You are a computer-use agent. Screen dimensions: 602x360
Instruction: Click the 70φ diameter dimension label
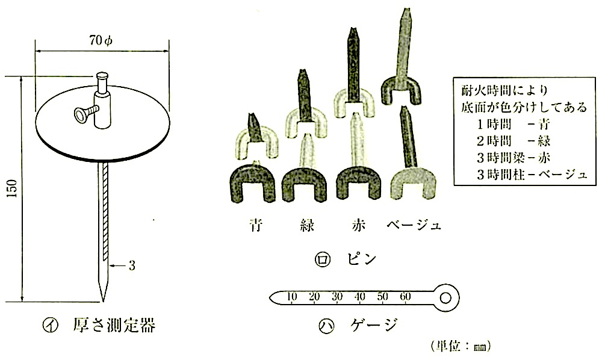(x=101, y=40)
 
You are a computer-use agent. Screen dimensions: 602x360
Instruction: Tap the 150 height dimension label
(x=12, y=188)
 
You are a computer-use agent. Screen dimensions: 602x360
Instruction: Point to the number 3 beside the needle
(x=132, y=265)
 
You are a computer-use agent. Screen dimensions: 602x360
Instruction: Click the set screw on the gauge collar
(x=84, y=114)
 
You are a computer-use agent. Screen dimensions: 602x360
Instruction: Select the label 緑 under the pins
(x=307, y=225)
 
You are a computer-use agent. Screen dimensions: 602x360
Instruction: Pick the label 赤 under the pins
(x=358, y=225)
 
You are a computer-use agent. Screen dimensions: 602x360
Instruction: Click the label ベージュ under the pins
(x=414, y=225)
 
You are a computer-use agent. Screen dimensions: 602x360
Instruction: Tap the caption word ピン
(x=362, y=259)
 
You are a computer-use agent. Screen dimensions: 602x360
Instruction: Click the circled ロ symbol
(x=322, y=260)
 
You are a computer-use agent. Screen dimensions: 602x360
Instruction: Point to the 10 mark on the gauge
(x=292, y=296)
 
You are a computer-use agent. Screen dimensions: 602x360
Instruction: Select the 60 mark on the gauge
(x=405, y=296)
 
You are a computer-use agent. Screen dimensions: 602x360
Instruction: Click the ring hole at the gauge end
(x=445, y=298)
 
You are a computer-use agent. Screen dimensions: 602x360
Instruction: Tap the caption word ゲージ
(x=374, y=326)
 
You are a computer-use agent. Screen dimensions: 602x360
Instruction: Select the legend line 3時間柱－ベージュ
(x=532, y=175)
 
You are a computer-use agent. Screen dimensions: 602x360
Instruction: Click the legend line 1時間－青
(x=514, y=124)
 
